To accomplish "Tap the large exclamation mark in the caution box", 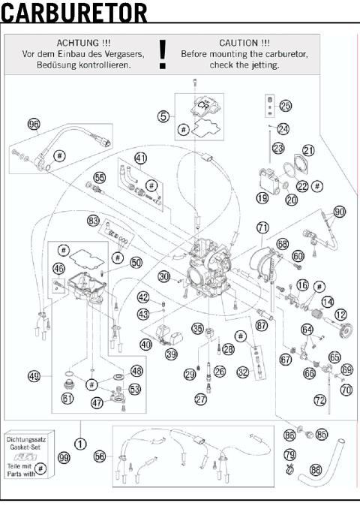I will (163, 55).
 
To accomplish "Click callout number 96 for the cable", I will (34, 124).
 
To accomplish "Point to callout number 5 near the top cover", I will (163, 116).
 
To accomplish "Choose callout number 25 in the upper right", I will (286, 105).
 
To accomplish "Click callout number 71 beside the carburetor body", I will (262, 226).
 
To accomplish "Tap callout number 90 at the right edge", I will (340, 212).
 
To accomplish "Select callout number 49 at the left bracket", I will (33, 375).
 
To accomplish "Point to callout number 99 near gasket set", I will (64, 457).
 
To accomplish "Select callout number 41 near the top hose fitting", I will (140, 158).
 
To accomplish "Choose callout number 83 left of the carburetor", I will (93, 221).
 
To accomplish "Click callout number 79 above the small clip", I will (289, 455).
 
